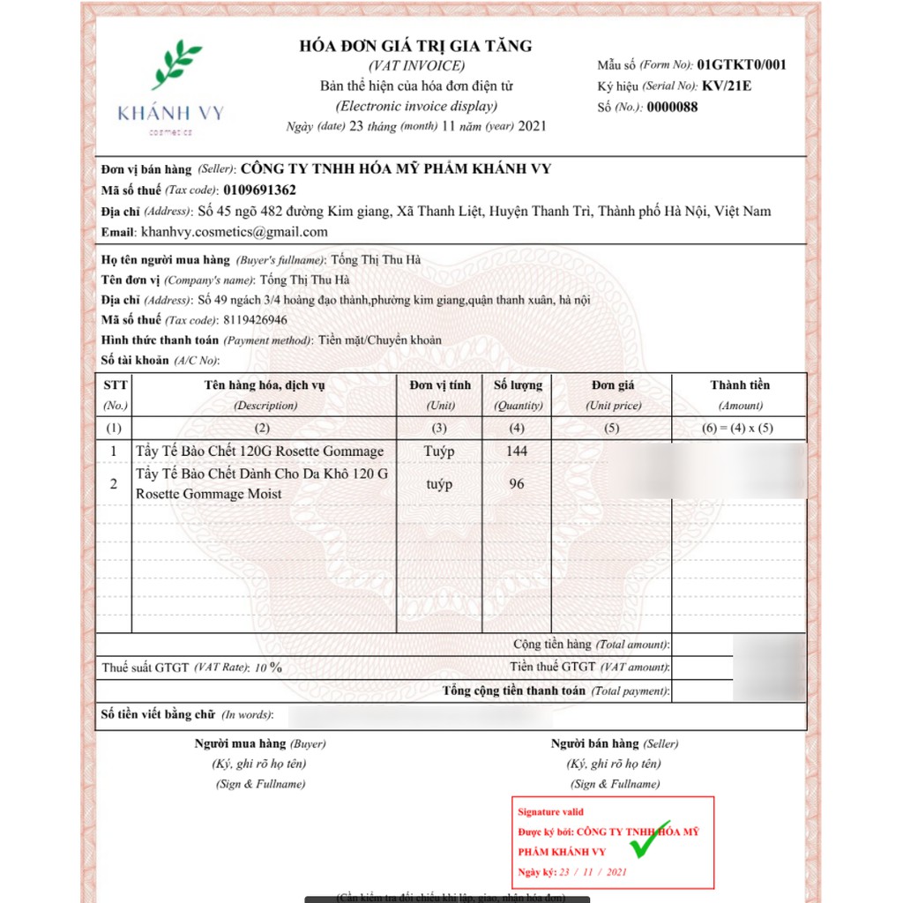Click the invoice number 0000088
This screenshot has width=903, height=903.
point(672,108)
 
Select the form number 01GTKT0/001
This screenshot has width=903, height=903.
point(741,64)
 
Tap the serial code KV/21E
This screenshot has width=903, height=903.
point(727,86)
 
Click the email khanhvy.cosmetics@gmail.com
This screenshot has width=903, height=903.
point(234,232)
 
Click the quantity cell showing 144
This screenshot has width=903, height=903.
point(517,451)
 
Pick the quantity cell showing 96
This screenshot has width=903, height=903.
point(517,484)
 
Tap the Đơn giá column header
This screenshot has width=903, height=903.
point(613,385)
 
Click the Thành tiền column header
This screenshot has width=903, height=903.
point(739,385)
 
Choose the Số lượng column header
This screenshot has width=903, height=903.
point(518,385)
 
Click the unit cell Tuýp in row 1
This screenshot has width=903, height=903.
point(439,451)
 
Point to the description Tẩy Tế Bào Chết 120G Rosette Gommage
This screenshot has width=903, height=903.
point(259,451)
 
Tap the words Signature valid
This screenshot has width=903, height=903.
point(550,812)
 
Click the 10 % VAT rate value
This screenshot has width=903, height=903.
point(269,668)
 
